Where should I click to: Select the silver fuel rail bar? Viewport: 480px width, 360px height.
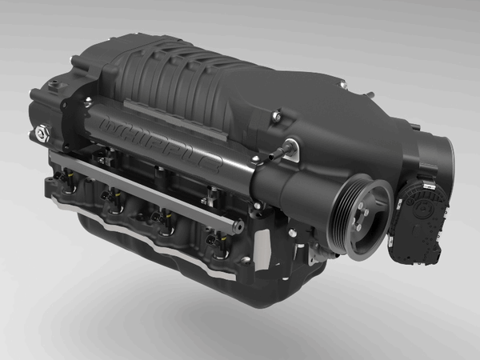[144, 188]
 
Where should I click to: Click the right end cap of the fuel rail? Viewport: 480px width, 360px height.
[239, 227]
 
